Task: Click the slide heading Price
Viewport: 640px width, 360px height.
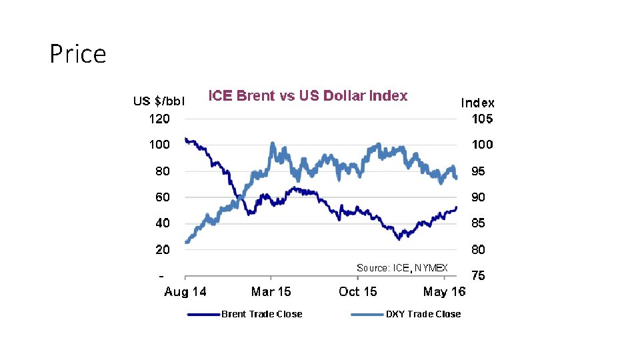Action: (78, 54)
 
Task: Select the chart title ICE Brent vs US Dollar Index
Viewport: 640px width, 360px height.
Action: (308, 95)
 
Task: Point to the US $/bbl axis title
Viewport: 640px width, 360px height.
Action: (159, 101)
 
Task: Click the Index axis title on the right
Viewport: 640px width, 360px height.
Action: (477, 103)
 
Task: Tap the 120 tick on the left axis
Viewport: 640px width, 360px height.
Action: (159, 119)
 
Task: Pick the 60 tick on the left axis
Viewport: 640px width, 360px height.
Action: (163, 197)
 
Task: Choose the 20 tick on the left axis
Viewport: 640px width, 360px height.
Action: (163, 249)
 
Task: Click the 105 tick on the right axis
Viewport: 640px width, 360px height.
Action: (482, 119)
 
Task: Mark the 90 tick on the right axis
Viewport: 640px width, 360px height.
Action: (479, 197)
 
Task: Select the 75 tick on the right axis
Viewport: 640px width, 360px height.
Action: (479, 275)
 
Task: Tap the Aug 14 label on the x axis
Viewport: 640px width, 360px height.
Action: (185, 291)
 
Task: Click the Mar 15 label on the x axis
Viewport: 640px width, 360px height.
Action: (271, 291)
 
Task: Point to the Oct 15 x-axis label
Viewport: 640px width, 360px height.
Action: (357, 291)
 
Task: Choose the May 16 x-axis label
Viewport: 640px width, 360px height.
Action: (444, 291)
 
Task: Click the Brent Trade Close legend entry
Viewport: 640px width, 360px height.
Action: (245, 314)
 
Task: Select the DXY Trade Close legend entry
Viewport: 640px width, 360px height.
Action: (406, 314)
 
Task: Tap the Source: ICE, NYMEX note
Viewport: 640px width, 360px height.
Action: (402, 268)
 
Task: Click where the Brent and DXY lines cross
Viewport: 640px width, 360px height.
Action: (239, 199)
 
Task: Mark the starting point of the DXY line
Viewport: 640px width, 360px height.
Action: (186, 242)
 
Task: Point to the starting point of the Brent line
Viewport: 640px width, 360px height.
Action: (186, 139)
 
